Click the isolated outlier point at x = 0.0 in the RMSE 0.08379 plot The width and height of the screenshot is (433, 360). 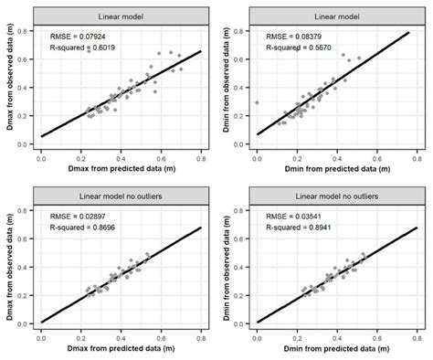(x=257, y=103)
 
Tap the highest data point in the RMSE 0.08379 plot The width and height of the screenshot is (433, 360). (x=344, y=55)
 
